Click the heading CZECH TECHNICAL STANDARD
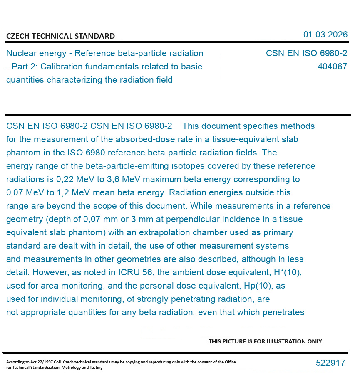tap(60, 36)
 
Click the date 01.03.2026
tap(325, 35)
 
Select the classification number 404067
tap(332, 67)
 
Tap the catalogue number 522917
tap(330, 363)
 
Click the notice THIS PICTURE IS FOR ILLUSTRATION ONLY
tap(265, 341)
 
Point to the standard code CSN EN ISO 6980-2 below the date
tap(306, 54)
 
